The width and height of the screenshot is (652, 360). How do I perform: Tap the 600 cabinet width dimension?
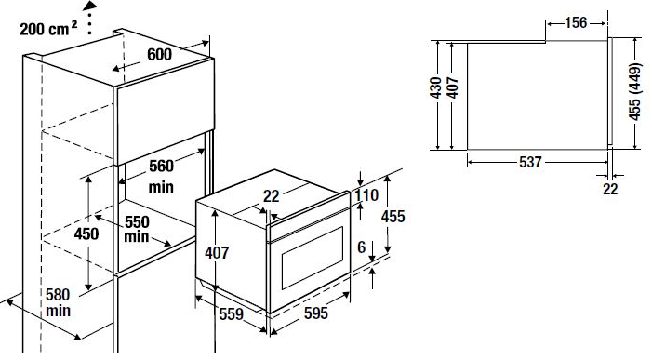tap(159, 55)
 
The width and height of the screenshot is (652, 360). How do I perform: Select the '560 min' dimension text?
tap(161, 176)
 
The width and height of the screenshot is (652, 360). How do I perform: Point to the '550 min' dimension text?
tap(139, 231)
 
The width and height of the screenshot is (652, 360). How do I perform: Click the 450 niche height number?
tap(86, 234)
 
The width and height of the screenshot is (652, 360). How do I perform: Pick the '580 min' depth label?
tap(58, 301)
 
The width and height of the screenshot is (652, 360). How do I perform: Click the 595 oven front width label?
tap(316, 314)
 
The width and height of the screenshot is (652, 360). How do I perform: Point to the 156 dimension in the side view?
tap(577, 21)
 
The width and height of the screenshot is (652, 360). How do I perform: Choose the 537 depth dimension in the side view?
tap(530, 163)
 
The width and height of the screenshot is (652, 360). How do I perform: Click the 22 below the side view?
tap(610, 189)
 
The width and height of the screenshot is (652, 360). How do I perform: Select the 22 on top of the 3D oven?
tap(271, 195)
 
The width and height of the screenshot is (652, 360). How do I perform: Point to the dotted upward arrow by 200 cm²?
tap(90, 18)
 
